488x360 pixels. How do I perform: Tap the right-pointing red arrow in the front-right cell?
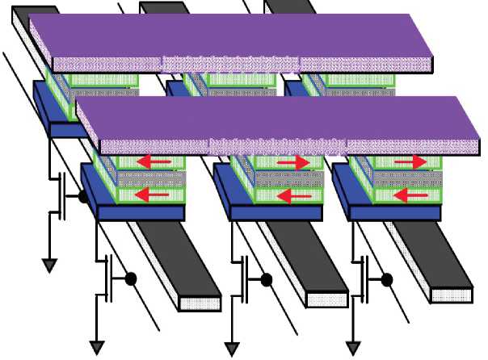[x=410, y=163]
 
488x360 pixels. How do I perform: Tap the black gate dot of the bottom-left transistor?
[x=129, y=279]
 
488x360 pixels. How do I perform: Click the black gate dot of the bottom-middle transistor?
[x=265, y=279]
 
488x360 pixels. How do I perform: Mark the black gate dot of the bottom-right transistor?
[x=387, y=279]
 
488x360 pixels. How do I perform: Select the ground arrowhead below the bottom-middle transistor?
[x=233, y=348]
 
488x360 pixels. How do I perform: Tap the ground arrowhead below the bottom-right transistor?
[x=353, y=348]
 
